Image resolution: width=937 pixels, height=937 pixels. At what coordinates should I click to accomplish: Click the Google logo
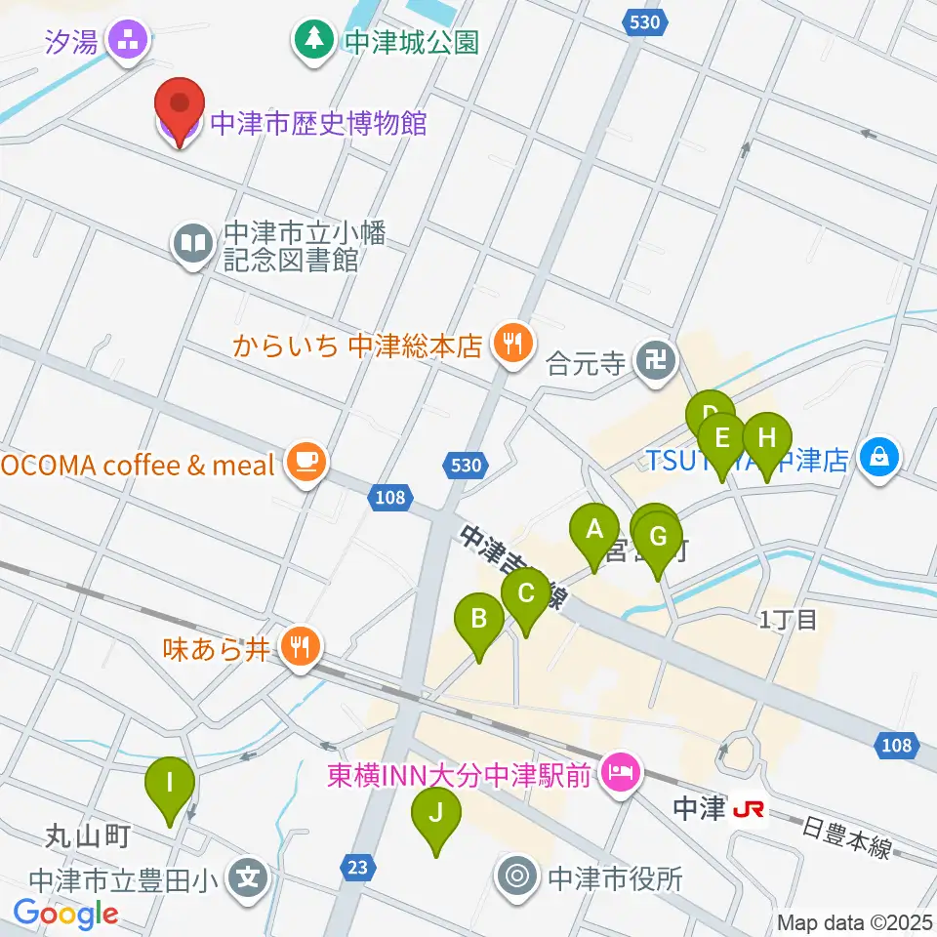(65, 915)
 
